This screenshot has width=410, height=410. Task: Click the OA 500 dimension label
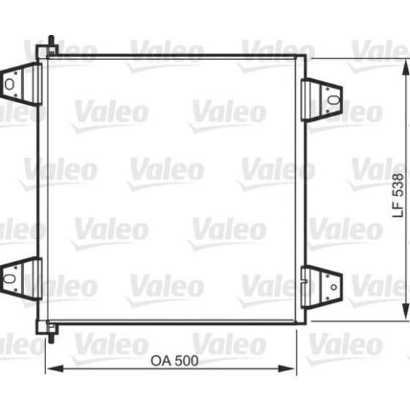tap(174, 361)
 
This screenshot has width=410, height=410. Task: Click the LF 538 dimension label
tap(398, 195)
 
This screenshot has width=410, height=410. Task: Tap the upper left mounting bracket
tap(21, 84)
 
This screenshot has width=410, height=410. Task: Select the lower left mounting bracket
tap(21, 279)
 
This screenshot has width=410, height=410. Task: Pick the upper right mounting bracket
tap(321, 100)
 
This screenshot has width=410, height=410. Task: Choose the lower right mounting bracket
tap(321, 287)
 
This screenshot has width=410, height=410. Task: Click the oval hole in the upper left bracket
tap(10, 84)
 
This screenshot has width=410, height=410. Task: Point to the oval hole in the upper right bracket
tap(334, 100)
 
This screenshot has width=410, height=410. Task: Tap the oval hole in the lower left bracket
tap(10, 278)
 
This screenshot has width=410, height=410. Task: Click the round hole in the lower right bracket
tap(334, 287)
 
